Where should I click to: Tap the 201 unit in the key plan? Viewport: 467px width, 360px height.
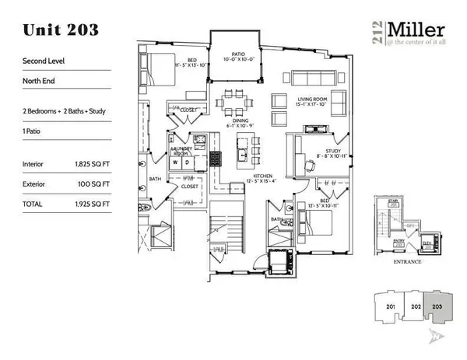(391, 307)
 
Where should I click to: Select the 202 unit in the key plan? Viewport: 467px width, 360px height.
(416, 307)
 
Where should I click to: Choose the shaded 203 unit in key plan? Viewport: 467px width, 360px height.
(439, 307)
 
